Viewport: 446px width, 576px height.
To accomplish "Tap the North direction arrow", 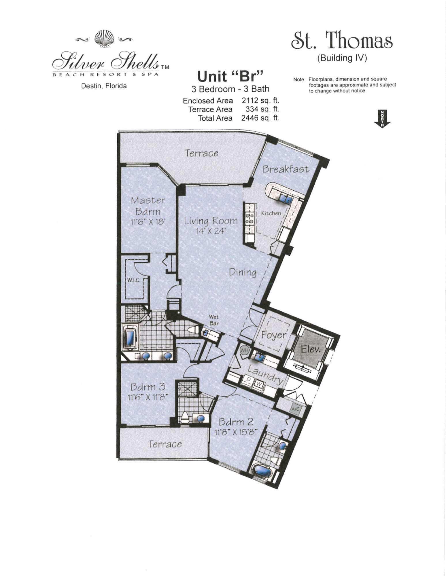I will (382, 119).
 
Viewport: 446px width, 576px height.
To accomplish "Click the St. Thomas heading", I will (342, 41).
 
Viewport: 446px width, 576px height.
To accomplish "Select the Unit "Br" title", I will (230, 76).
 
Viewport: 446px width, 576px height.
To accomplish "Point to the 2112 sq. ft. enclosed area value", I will (260, 101).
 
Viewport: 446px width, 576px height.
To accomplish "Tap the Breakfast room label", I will (286, 169).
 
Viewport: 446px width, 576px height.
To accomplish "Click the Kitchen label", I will (271, 213).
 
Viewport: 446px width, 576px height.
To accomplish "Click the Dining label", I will (243, 272).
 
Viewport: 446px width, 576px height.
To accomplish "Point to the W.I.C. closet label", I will (134, 280).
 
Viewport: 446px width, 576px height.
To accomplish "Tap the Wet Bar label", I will (214, 320).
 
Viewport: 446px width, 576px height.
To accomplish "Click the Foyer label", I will (273, 335).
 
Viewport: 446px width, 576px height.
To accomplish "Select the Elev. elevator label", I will (310, 349).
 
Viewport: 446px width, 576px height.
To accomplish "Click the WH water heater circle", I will (244, 350).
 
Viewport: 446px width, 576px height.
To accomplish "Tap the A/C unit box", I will (296, 409).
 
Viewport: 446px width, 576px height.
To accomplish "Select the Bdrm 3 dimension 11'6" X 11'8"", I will (148, 397).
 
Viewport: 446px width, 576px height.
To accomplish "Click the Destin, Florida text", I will (104, 86).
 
